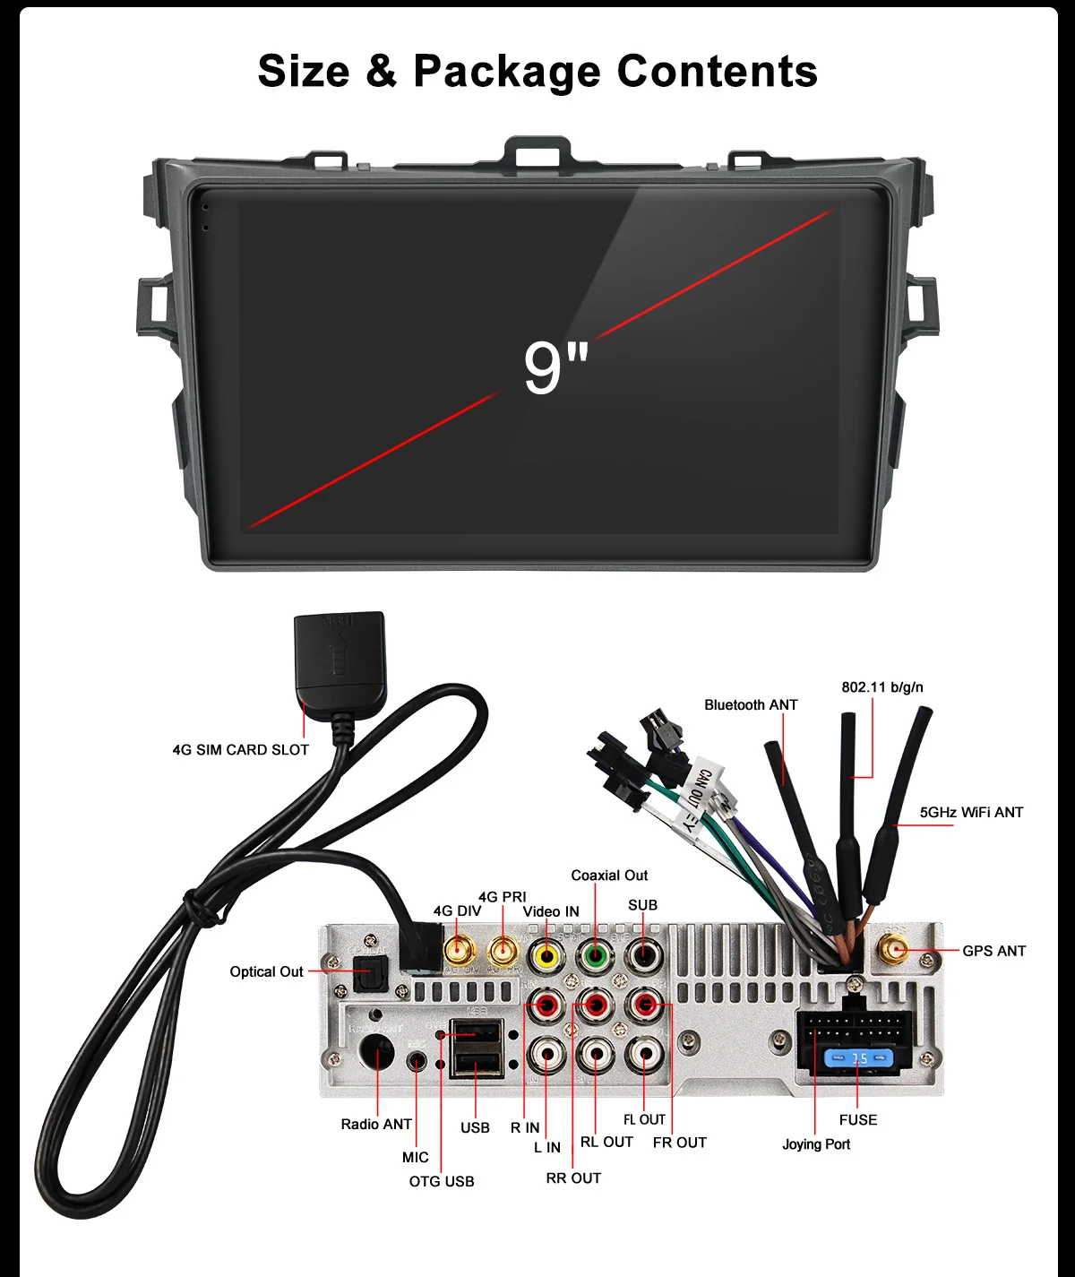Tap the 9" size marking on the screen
pyautogui.click(x=555, y=367)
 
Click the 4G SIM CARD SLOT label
pyautogui.click(x=240, y=749)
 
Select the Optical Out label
pyautogui.click(x=266, y=971)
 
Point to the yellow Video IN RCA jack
pyautogui.click(x=545, y=956)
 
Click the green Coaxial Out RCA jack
pyautogui.click(x=594, y=956)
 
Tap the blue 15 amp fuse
pyautogui.click(x=858, y=1059)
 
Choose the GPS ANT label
pyautogui.click(x=993, y=951)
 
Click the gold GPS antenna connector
pyautogui.click(x=893, y=949)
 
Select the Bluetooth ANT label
pyautogui.click(x=751, y=705)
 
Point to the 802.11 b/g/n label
pyautogui.click(x=881, y=687)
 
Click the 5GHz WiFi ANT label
pyautogui.click(x=971, y=813)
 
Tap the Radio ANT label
pyautogui.click(x=376, y=1124)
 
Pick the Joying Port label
pyautogui.click(x=816, y=1144)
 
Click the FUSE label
pyautogui.click(x=858, y=1120)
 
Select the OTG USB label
pyautogui.click(x=442, y=1181)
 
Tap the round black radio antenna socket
pyautogui.click(x=376, y=1051)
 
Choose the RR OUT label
pyautogui.click(x=573, y=1178)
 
